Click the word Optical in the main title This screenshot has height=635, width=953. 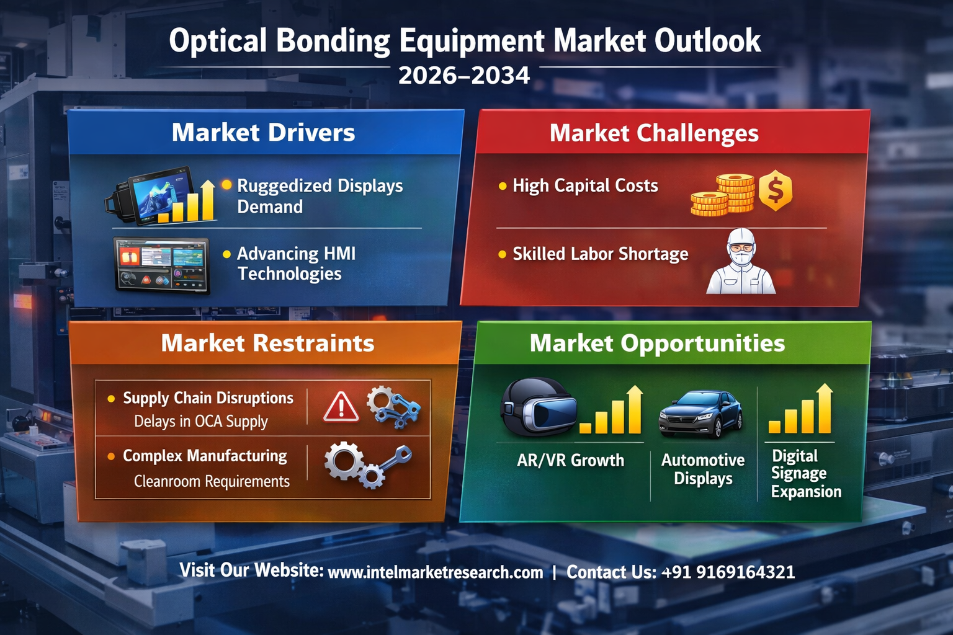(218, 42)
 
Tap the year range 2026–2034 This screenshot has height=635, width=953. (464, 76)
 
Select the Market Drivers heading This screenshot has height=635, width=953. (263, 132)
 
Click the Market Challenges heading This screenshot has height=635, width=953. (654, 133)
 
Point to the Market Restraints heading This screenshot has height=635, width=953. (267, 343)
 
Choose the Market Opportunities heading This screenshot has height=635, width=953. (657, 343)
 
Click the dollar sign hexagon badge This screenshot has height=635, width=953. (776, 190)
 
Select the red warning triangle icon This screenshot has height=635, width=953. (341, 407)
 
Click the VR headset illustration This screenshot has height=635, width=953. (538, 406)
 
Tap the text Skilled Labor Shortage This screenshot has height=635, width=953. (601, 254)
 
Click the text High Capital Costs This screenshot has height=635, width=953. (585, 186)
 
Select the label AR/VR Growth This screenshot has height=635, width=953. (570, 461)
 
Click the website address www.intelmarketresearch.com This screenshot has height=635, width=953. (436, 572)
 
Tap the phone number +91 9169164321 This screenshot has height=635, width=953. (728, 572)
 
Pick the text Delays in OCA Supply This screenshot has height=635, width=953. (201, 422)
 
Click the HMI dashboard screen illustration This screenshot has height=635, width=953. (162, 265)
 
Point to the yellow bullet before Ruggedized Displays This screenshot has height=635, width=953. (226, 185)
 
